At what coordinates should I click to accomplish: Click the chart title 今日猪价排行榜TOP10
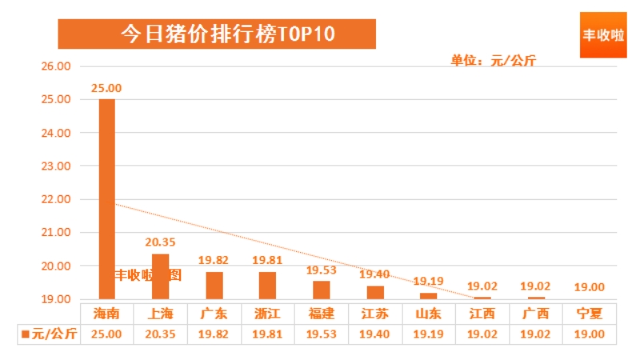pos(217,34)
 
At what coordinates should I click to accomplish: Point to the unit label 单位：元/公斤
pos(493,61)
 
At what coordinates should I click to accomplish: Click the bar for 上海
pos(160,276)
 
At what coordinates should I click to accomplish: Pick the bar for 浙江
pos(267,285)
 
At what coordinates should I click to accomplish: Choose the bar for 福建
pos(321,290)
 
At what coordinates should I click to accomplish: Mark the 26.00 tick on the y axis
pos(56,66)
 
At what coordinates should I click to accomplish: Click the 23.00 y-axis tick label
pos(56,166)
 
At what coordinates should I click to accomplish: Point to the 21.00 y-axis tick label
pos(56,233)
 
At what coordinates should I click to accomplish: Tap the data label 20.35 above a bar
pos(160,242)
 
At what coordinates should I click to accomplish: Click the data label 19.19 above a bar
pos(428,282)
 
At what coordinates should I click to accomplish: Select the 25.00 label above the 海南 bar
pos(106,88)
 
